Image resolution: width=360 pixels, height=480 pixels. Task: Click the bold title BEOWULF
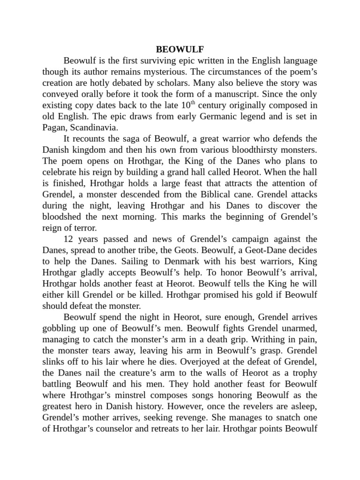(180, 49)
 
